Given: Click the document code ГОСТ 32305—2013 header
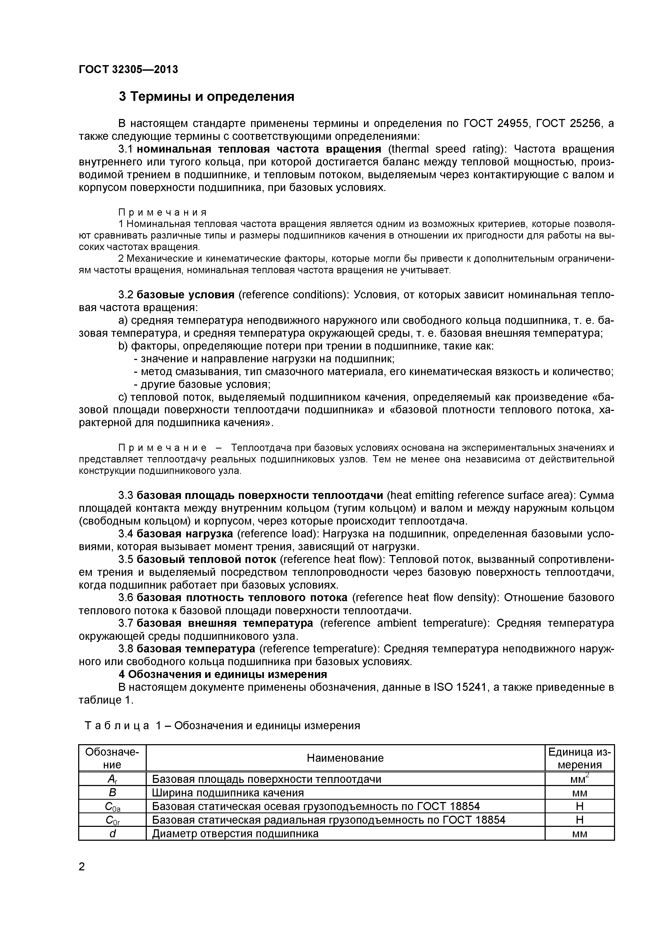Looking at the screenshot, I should coord(128,70).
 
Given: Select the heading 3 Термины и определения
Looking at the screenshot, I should coord(206,97).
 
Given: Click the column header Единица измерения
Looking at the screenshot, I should coord(579,758).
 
